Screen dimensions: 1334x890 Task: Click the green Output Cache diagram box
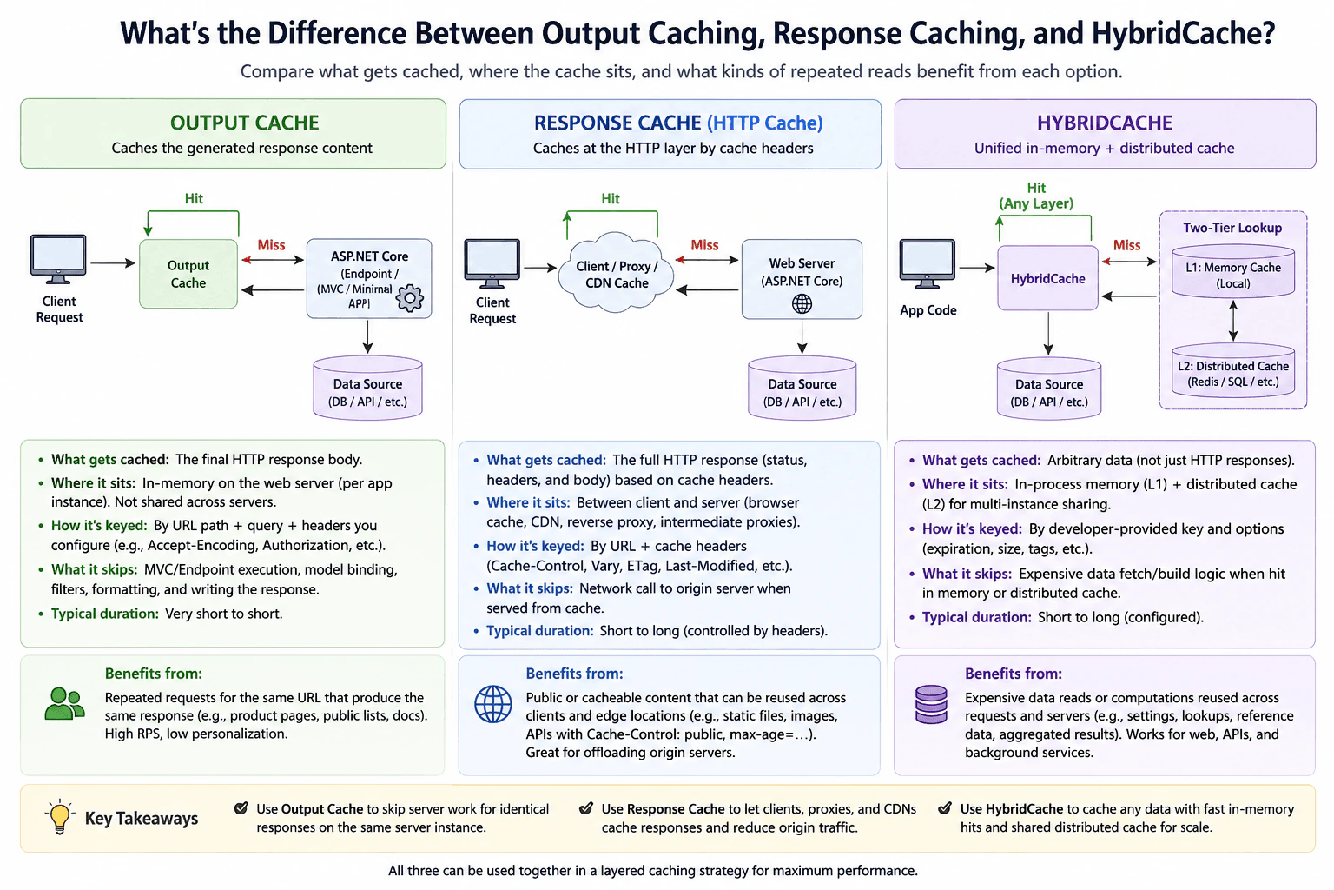(x=188, y=274)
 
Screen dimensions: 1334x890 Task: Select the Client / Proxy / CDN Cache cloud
(x=617, y=273)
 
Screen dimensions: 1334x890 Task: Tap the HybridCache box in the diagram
(x=1047, y=278)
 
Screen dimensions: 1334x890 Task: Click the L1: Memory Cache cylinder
(x=1232, y=272)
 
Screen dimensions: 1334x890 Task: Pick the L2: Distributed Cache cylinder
(x=1232, y=371)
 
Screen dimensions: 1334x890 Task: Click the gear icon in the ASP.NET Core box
(x=410, y=299)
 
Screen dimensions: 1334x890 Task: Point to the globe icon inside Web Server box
(x=802, y=304)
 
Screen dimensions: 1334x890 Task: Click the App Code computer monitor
(x=927, y=262)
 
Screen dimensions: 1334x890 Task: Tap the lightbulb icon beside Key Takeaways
(x=60, y=817)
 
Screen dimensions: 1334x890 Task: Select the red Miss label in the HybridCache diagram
(x=1126, y=245)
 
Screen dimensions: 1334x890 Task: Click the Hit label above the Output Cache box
(x=194, y=198)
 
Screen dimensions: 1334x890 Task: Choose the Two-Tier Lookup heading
(x=1232, y=228)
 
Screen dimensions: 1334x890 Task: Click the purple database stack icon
(x=931, y=704)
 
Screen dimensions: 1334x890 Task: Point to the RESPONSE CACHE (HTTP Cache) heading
(x=677, y=123)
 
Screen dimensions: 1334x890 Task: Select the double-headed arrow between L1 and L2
(x=1233, y=321)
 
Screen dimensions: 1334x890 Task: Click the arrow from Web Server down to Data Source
(x=802, y=337)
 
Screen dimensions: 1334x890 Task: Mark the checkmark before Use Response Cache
(x=586, y=808)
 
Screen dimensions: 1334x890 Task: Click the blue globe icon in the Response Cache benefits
(x=492, y=704)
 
